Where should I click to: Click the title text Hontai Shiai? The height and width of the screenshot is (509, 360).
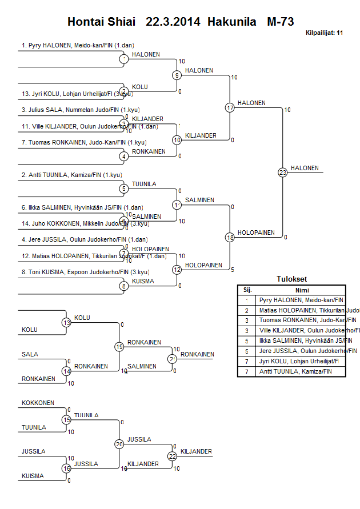[x=102, y=22]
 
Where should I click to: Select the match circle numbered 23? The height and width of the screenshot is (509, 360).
[x=282, y=172]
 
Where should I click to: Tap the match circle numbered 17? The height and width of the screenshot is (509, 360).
[x=230, y=107]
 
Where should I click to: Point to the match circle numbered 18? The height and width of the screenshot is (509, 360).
[x=230, y=237]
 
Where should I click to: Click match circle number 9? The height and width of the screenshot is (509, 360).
[x=177, y=75]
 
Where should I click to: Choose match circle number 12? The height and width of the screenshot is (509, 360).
[x=177, y=270]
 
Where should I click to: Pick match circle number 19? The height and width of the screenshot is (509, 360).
[x=119, y=346]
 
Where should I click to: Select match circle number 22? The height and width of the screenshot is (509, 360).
[x=172, y=456]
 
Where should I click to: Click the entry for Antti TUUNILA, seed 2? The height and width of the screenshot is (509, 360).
[x=71, y=174]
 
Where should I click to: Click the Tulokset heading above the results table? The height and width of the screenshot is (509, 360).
[x=291, y=279]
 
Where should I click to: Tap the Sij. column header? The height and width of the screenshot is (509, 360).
[x=247, y=290]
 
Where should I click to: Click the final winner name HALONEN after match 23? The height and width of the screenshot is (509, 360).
[x=305, y=168]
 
